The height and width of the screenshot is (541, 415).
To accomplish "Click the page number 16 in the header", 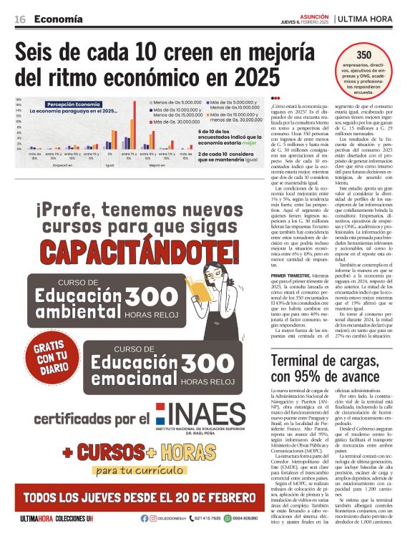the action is tap(20, 19).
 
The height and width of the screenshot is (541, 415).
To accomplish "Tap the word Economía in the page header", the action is tap(57, 19).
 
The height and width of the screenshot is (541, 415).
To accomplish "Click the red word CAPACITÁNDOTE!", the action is tap(129, 252).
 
